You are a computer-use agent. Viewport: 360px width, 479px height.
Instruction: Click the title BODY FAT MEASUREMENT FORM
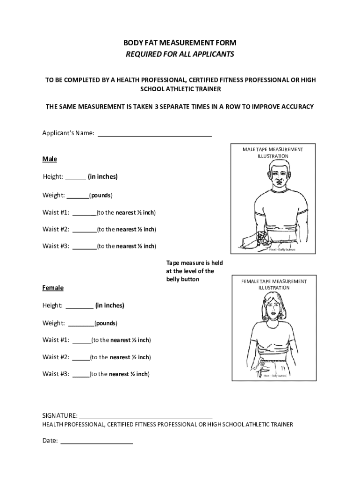(180, 43)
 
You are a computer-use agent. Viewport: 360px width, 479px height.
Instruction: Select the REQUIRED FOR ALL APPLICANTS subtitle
(180, 54)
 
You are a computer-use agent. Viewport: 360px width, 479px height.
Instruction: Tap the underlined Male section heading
(50, 159)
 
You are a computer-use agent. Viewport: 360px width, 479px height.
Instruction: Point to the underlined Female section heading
(53, 288)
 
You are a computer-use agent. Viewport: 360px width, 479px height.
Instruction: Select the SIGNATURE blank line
(145, 416)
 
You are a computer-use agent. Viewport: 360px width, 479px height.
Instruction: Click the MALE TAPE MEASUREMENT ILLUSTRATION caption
(273, 152)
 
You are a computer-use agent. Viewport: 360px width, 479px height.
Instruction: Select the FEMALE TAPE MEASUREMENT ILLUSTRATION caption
(274, 284)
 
